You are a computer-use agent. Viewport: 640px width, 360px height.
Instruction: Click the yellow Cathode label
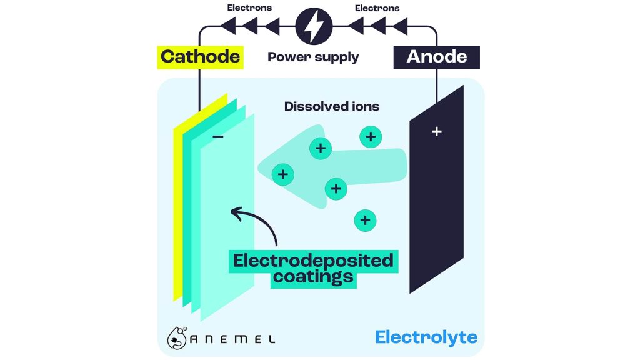click(x=200, y=56)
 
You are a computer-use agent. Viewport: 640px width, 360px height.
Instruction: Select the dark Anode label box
click(x=436, y=56)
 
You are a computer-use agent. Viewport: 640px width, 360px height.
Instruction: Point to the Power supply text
click(x=313, y=57)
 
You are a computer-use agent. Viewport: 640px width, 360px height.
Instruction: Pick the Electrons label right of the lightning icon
click(x=377, y=8)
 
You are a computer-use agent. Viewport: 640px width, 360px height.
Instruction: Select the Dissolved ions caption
click(x=332, y=106)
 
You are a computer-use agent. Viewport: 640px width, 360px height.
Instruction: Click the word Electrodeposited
click(x=313, y=260)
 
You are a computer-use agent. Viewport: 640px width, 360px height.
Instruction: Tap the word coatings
click(x=313, y=277)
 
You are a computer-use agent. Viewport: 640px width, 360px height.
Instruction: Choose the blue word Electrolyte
click(x=426, y=338)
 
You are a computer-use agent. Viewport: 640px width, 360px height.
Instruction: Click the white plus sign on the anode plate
click(x=437, y=131)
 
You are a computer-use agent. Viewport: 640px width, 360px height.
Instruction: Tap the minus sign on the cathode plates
click(x=218, y=136)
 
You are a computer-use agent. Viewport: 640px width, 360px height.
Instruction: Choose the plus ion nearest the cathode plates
click(x=283, y=174)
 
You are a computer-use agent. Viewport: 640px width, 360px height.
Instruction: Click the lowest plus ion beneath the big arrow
click(x=365, y=220)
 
